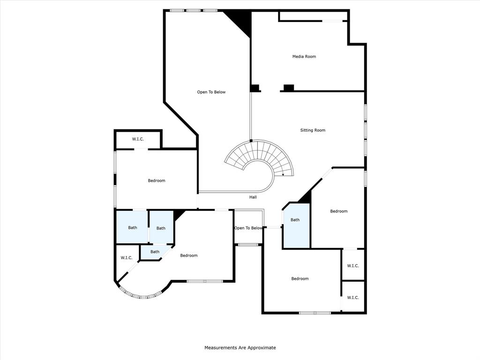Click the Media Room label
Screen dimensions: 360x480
[304, 57]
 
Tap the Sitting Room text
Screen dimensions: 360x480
[313, 130]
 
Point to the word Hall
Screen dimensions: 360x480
[253, 197]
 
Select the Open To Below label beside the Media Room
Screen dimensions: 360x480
[211, 92]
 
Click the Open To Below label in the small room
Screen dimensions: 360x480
[248, 228]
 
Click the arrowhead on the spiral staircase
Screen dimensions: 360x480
[283, 174]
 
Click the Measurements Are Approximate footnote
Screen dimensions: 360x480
[240, 348]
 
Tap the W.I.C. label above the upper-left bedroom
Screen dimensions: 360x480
[138, 139]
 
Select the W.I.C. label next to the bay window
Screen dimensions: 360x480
[127, 258]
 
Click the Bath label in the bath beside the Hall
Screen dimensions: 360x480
[295, 220]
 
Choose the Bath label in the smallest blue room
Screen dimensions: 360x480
[155, 252]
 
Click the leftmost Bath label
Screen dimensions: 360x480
[133, 228]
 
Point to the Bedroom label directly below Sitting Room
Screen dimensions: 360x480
[338, 211]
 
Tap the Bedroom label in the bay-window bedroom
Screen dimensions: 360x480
[189, 255]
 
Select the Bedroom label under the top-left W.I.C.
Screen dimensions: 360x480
[157, 181]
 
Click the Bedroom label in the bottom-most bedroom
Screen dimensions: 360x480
[300, 279]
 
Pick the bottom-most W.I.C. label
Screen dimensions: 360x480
[352, 298]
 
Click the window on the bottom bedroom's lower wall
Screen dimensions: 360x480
[315, 313]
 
